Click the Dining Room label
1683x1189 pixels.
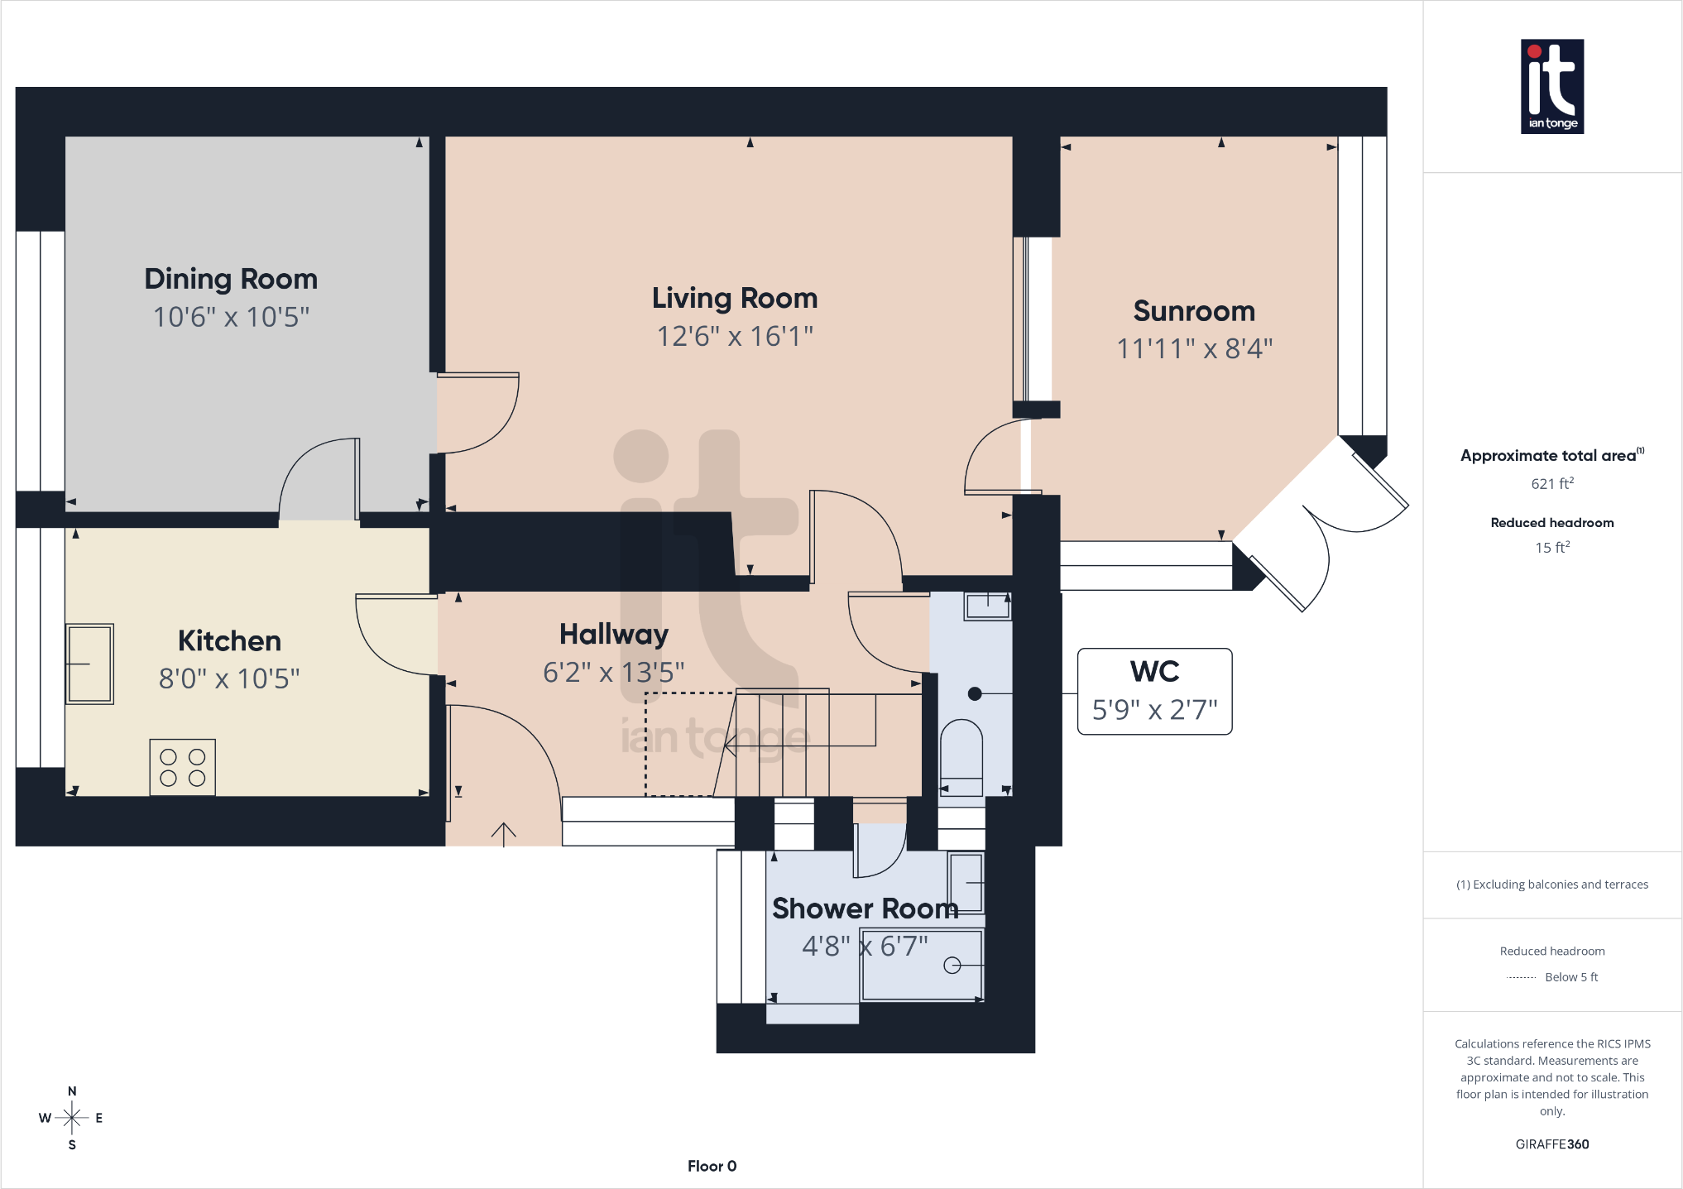click(x=231, y=279)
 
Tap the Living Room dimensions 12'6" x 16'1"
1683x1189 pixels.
click(x=735, y=336)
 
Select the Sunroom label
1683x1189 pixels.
click(x=1194, y=311)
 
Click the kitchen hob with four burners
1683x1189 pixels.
click(x=183, y=768)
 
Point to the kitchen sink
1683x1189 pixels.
click(x=89, y=664)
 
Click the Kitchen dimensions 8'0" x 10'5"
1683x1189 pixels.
click(x=229, y=678)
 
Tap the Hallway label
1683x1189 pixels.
click(x=614, y=635)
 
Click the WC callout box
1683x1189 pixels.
click(x=1154, y=691)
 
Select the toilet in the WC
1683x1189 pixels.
click(x=961, y=758)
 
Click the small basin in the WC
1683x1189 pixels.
click(x=987, y=606)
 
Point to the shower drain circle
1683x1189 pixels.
click(x=952, y=965)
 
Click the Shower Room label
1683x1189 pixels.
click(x=865, y=909)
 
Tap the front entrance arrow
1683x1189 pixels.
click(x=503, y=834)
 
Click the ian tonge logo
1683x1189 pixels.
click(x=1552, y=86)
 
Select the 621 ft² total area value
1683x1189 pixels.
click(x=1552, y=483)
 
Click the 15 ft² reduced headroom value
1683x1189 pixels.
click(x=1552, y=547)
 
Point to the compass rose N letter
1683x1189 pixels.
click(x=72, y=1091)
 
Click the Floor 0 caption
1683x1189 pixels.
click(x=712, y=1166)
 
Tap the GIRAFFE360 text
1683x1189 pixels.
click(x=1552, y=1144)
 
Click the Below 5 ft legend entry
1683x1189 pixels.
click(x=1552, y=977)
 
